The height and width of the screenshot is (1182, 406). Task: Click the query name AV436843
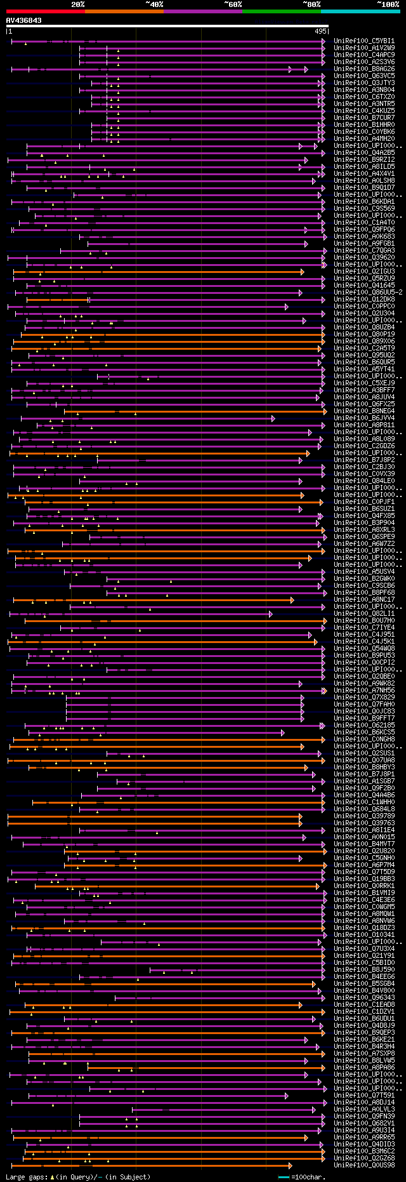[x=24, y=20]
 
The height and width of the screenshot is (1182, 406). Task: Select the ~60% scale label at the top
[x=233, y=4]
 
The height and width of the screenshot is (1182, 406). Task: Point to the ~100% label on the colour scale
[x=388, y=4]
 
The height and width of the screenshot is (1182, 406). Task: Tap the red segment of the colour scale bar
[x=45, y=11]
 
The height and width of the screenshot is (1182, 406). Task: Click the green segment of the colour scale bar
[x=281, y=11]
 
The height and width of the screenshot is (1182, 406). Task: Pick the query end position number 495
[x=320, y=31]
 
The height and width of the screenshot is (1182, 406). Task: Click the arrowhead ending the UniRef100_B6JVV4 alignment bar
[x=273, y=418]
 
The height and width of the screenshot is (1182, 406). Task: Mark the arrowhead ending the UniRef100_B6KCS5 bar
[x=282, y=733]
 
